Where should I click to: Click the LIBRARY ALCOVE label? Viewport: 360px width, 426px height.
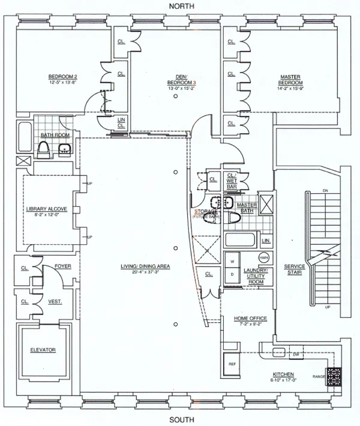point(46,209)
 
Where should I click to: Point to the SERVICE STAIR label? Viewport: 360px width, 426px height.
point(294,269)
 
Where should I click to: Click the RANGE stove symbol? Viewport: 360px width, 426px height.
point(334,376)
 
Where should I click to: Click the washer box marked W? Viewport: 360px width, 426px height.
point(231,262)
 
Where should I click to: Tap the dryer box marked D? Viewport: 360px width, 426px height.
point(231,274)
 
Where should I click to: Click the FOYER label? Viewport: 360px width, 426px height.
point(63,266)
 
